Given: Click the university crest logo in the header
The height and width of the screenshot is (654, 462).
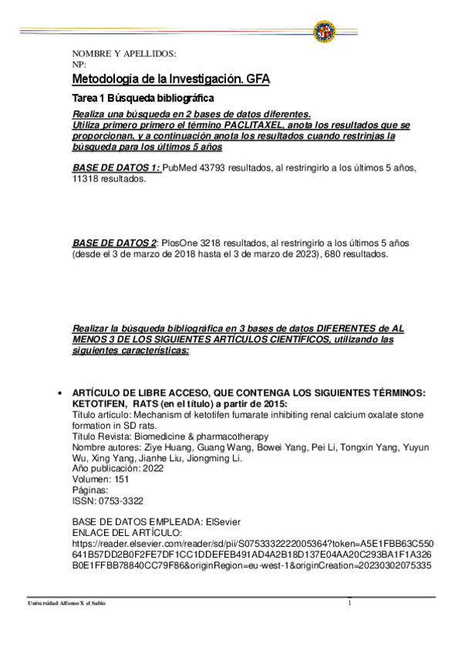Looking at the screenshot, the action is point(324,32).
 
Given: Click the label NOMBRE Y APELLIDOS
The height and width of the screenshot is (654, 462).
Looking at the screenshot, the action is point(123,54).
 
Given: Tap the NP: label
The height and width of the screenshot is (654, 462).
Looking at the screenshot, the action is point(79,65).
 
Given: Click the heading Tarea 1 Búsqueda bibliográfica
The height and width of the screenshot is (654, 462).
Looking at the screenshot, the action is point(143,98).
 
